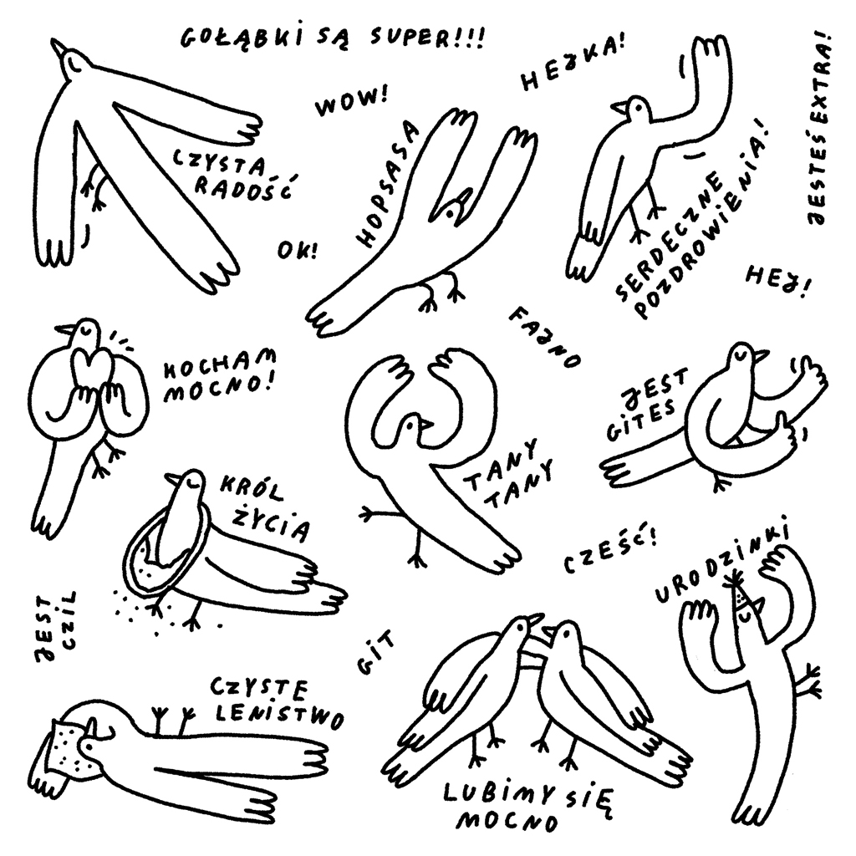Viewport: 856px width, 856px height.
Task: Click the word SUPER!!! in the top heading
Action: tap(426, 38)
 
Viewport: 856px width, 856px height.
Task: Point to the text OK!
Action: tap(298, 250)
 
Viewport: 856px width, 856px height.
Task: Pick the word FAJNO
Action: tap(545, 336)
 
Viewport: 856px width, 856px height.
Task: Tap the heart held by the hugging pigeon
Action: tap(90, 368)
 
